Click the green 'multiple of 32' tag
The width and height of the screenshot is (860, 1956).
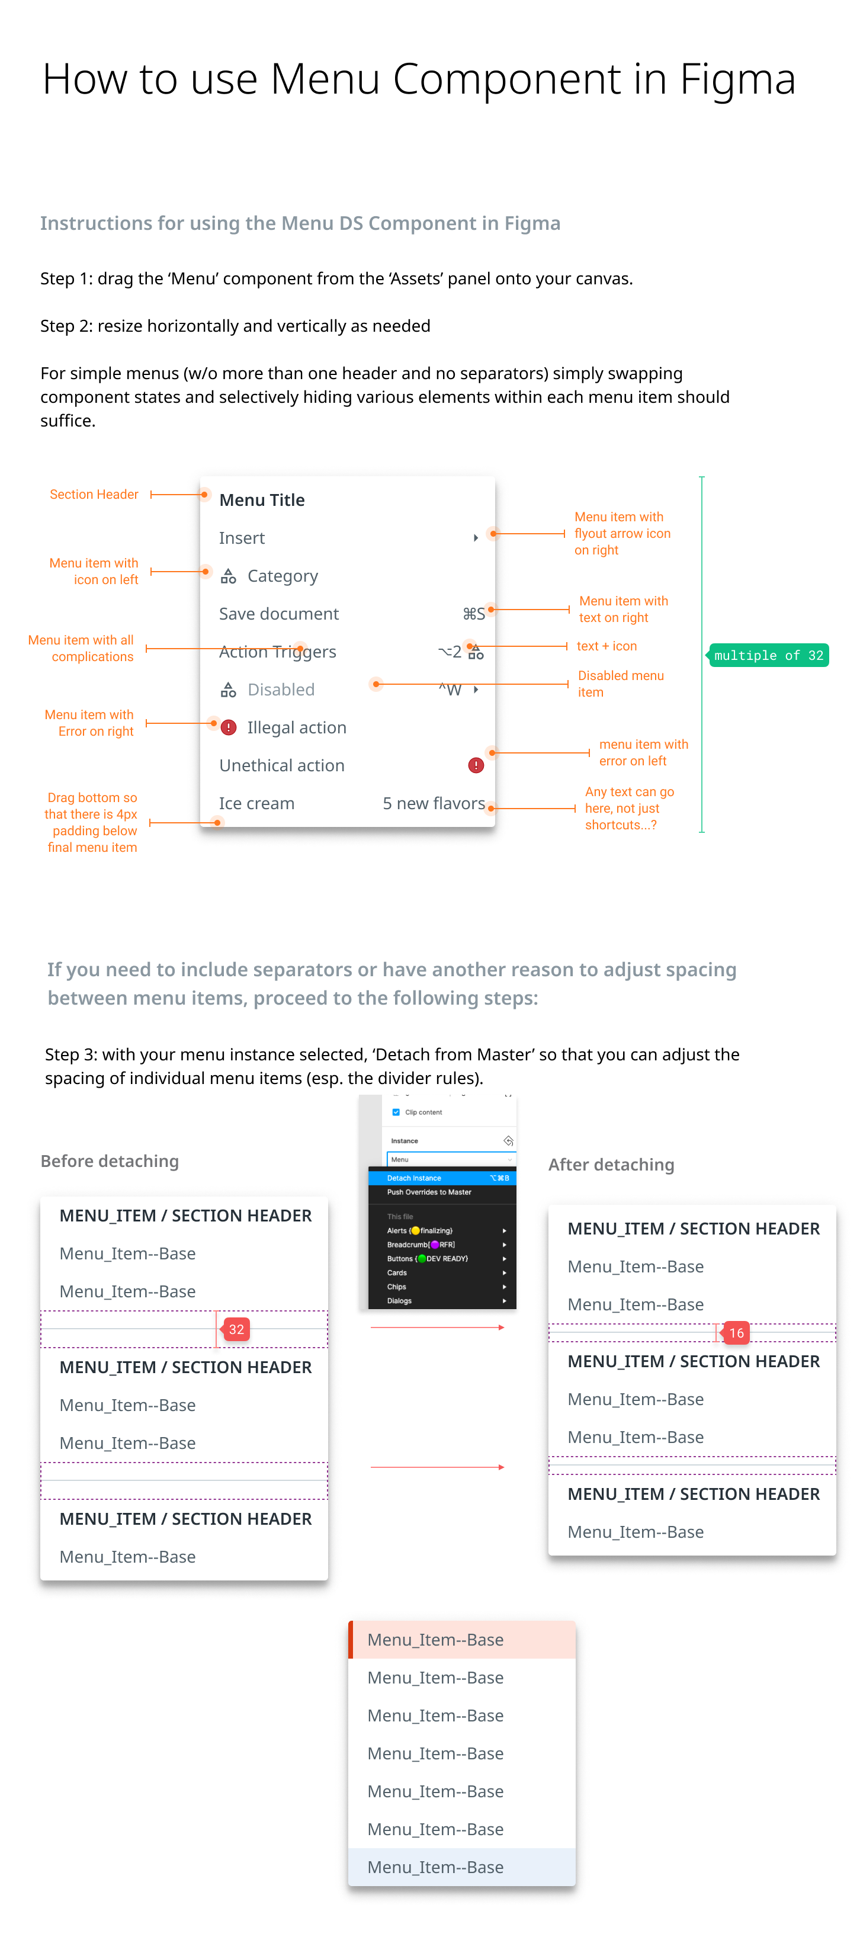(x=768, y=655)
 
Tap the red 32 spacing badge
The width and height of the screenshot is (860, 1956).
(x=236, y=1329)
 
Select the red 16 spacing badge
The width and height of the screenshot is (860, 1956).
(x=736, y=1333)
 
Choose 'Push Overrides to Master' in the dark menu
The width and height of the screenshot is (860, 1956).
(x=429, y=1192)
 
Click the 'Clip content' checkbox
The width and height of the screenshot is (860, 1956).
(x=396, y=1112)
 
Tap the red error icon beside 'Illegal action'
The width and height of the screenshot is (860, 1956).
(x=229, y=727)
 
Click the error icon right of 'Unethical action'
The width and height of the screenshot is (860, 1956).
(x=476, y=765)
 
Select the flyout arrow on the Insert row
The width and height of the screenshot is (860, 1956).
(x=476, y=538)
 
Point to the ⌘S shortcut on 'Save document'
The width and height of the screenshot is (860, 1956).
(x=474, y=614)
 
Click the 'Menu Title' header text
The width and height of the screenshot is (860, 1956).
(x=262, y=499)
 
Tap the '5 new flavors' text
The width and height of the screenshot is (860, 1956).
(x=434, y=803)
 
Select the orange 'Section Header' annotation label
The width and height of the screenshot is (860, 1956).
(x=94, y=494)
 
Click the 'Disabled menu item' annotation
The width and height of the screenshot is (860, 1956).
(x=621, y=684)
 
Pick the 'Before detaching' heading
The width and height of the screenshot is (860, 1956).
(x=110, y=1161)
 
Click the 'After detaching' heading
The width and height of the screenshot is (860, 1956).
(x=611, y=1165)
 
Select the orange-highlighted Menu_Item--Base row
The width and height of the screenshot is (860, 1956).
(x=461, y=1639)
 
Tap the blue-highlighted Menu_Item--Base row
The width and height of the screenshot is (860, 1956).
(x=461, y=1867)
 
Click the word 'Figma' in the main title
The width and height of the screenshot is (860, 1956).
(x=737, y=79)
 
